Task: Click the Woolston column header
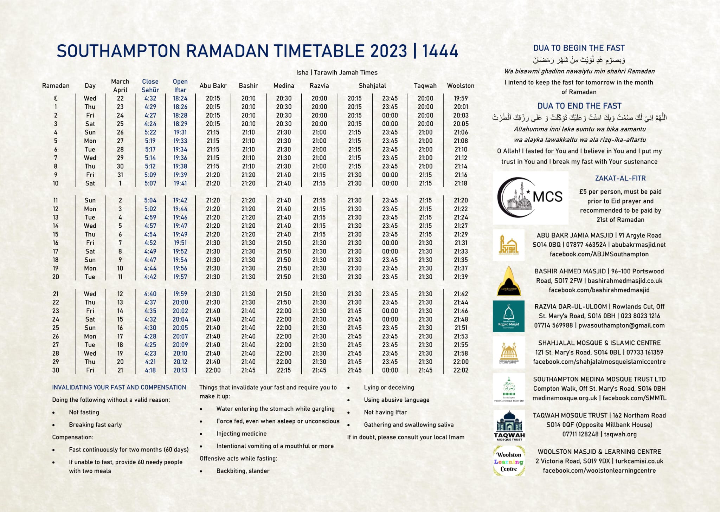click(461, 85)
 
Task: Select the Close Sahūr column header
click(150, 85)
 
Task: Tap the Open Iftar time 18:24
click(180, 98)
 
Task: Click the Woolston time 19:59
click(461, 98)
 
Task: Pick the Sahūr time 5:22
click(150, 132)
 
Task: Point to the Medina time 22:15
click(284, 370)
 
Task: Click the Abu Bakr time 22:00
click(213, 370)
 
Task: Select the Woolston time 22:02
click(461, 370)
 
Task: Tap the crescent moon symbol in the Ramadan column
click(56, 98)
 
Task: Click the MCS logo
click(531, 198)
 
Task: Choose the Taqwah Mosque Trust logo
click(509, 426)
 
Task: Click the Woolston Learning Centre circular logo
click(509, 461)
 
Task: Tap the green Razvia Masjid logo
click(508, 316)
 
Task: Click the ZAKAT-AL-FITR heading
click(620, 178)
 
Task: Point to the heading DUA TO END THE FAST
click(579, 106)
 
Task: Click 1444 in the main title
click(440, 51)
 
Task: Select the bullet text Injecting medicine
click(242, 434)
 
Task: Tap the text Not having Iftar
click(385, 412)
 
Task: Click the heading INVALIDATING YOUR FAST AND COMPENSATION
click(119, 387)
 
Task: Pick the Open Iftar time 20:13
click(180, 370)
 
